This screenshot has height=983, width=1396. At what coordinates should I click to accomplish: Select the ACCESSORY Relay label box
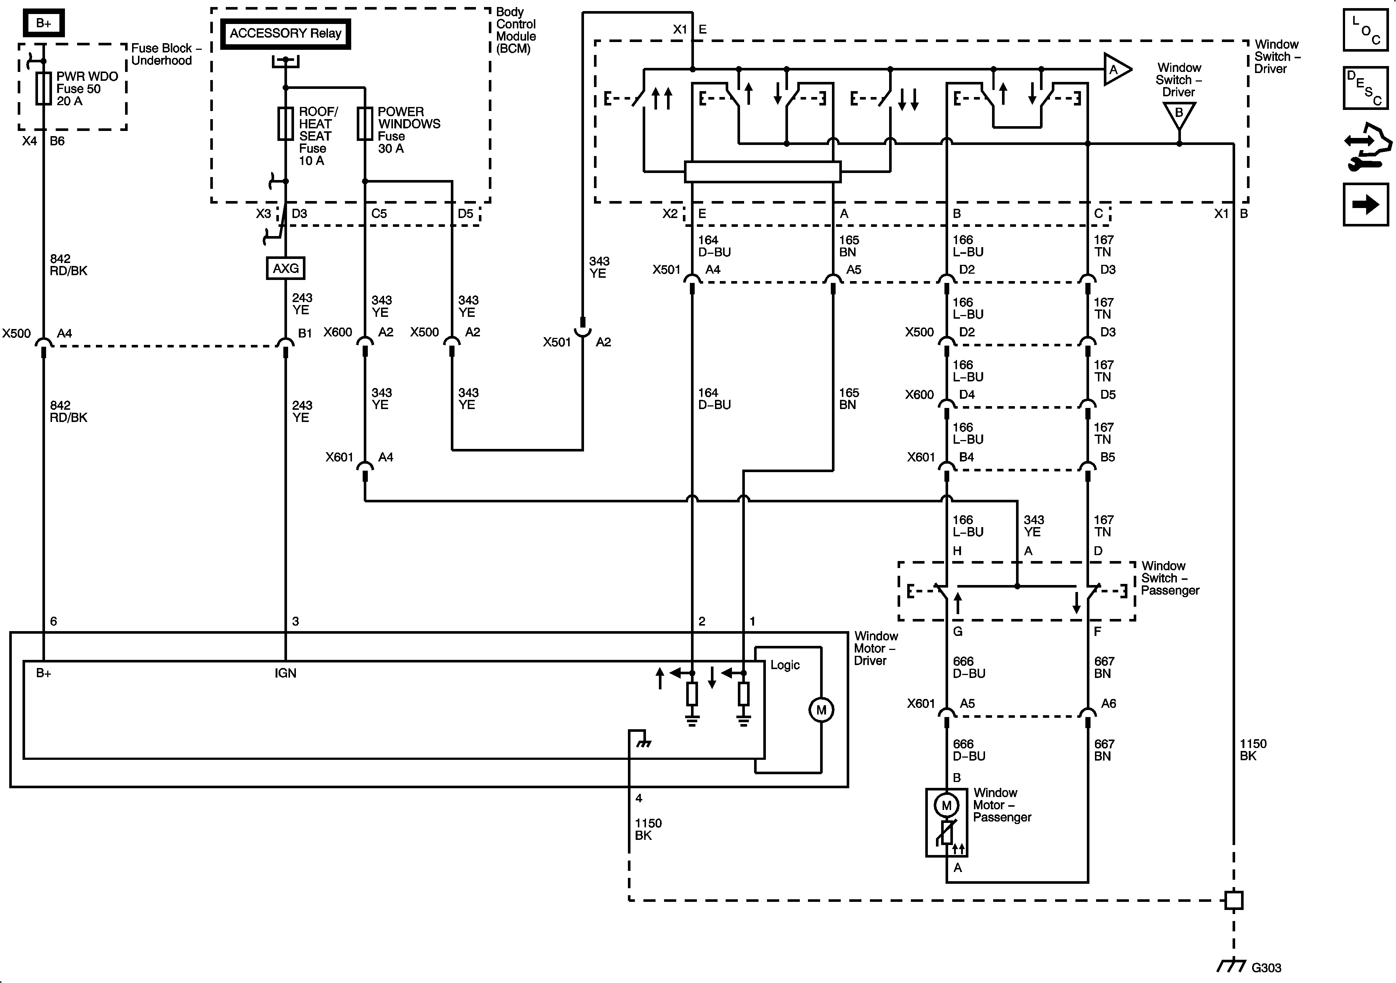(x=285, y=34)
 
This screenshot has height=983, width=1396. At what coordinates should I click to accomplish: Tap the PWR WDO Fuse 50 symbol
(x=43, y=89)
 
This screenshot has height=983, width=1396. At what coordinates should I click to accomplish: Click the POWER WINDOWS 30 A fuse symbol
(x=365, y=124)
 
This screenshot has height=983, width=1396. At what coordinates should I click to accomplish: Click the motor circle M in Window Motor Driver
(x=821, y=710)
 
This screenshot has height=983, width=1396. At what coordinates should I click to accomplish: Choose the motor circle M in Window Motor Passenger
(x=946, y=806)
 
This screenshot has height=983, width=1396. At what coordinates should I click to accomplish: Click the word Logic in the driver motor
(x=785, y=665)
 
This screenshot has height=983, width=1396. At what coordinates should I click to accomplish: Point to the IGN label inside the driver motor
(x=285, y=673)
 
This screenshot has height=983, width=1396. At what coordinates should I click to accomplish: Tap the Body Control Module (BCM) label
(x=516, y=30)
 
